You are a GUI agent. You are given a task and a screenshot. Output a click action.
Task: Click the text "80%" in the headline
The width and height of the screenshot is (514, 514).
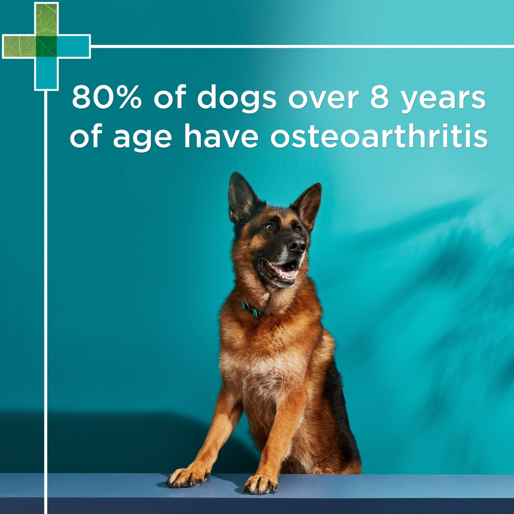[x=106, y=97]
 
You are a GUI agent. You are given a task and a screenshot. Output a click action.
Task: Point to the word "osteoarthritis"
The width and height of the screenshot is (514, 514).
[x=379, y=136]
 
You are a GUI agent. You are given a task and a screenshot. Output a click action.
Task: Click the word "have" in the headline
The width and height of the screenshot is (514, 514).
[x=221, y=136]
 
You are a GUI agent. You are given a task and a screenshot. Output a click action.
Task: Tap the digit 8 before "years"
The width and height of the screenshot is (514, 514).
[x=379, y=97]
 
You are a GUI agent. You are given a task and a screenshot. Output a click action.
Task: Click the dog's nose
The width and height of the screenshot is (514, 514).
[x=297, y=245]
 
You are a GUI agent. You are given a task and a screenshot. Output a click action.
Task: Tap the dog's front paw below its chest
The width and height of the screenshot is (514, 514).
[x=261, y=484]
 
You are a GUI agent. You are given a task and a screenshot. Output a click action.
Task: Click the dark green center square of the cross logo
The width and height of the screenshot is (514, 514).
[x=47, y=47]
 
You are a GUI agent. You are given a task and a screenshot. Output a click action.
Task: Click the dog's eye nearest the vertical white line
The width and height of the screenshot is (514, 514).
[x=268, y=226]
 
